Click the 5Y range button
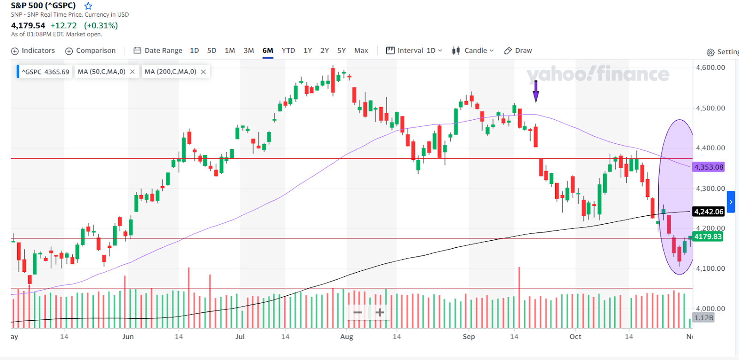click(x=341, y=50)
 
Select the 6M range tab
click(x=268, y=50)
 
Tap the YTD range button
click(x=288, y=50)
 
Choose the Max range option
click(x=361, y=50)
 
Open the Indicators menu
click(x=33, y=50)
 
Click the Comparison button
click(x=91, y=50)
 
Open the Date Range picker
click(x=158, y=50)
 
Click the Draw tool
click(x=518, y=50)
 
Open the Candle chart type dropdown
click(x=473, y=50)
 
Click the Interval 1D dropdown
click(x=414, y=50)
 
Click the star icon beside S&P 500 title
click(x=88, y=6)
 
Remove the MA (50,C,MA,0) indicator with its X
click(x=133, y=72)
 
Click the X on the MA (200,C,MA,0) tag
click(x=203, y=72)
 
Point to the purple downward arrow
click(x=536, y=92)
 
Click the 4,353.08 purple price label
click(x=709, y=167)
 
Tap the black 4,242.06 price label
click(x=709, y=212)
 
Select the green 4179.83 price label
click(x=708, y=237)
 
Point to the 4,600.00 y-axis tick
click(x=710, y=67)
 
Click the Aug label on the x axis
click(x=346, y=336)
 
